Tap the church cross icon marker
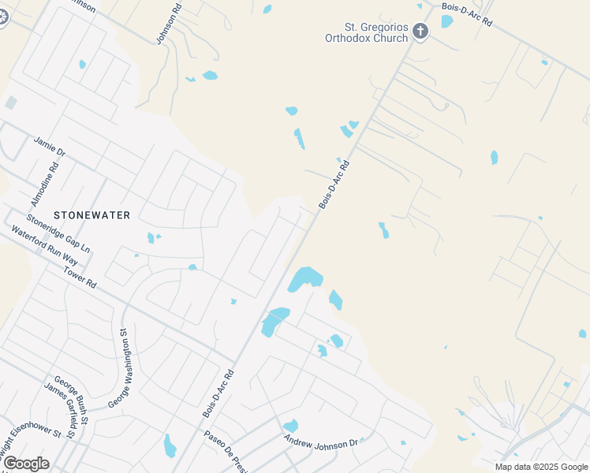point(420,32)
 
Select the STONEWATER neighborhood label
point(92,214)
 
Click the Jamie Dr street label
point(49,146)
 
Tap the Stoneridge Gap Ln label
point(58,233)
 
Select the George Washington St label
point(119,367)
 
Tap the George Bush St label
point(71,395)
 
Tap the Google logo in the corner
point(25,463)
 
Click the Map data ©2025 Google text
point(540,467)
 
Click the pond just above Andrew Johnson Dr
point(290,426)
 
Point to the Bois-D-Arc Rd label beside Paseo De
point(218,393)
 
